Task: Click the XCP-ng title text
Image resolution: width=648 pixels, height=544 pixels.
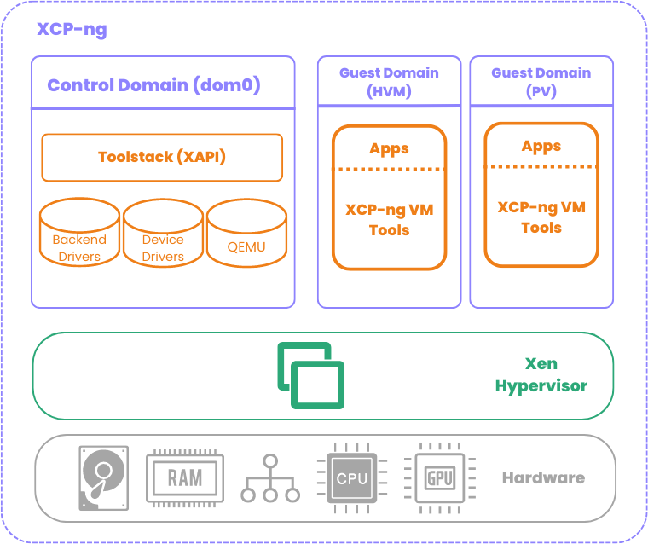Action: click(x=72, y=30)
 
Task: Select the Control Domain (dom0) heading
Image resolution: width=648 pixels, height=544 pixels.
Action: click(x=153, y=85)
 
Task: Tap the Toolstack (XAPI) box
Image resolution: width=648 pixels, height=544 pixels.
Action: click(x=162, y=157)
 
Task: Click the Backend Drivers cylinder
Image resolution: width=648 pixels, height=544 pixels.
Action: click(x=79, y=235)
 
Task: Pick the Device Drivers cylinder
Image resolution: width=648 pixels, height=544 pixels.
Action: click(x=163, y=235)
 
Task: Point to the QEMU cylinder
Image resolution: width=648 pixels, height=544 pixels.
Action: click(x=246, y=235)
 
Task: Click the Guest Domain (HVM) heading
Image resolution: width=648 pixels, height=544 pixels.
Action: click(x=389, y=82)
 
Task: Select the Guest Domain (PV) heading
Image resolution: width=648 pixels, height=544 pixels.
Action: click(x=541, y=82)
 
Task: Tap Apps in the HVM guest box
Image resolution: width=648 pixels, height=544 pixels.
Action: click(x=389, y=148)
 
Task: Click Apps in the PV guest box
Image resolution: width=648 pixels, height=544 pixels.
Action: click(x=541, y=146)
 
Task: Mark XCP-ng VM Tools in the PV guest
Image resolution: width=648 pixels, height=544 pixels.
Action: click(x=541, y=217)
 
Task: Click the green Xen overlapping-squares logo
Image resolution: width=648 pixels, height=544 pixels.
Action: click(x=311, y=375)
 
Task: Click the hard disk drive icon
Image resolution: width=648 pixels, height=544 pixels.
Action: click(x=104, y=477)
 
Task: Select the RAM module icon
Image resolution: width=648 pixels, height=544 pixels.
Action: click(x=185, y=477)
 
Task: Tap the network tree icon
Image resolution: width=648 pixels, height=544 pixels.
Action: click(x=270, y=477)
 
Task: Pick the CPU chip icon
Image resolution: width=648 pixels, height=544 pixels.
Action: click(x=351, y=477)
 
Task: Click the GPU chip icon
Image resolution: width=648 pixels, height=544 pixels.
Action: click(x=440, y=477)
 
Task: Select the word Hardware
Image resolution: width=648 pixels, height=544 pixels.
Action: click(x=543, y=477)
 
